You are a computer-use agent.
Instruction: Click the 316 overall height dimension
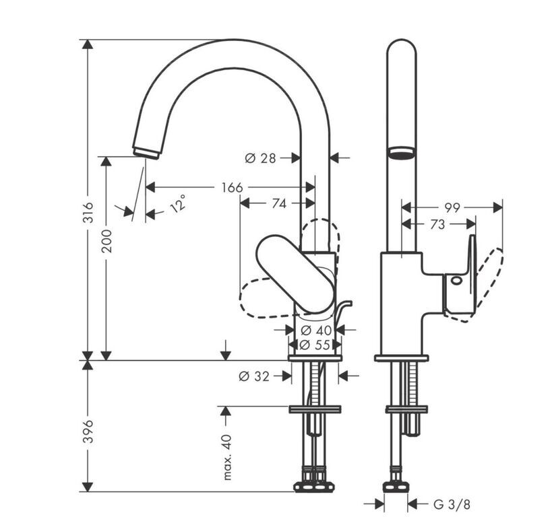coord(88,212)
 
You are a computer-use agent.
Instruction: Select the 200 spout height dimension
coord(106,240)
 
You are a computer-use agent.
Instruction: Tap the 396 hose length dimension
coord(88,432)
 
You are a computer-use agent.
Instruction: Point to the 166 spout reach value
coord(232,187)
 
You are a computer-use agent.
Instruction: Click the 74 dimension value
coord(279,203)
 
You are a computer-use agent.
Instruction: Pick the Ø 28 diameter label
coord(260,158)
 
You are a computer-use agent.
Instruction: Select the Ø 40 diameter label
coord(317,331)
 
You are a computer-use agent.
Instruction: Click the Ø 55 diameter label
coord(315,345)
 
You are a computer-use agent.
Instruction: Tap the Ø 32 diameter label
coord(254,376)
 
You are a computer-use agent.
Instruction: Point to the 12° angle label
coord(178,203)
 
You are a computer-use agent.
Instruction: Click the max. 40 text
coord(227,457)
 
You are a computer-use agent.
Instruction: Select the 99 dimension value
coord(452,208)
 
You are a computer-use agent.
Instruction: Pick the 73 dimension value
coord(437,224)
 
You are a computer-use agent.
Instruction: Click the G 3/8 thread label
coord(452,505)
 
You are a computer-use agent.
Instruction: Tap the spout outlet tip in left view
coord(146,152)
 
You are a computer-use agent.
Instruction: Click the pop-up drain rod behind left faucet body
coord(342,311)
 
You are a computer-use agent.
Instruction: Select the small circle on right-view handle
coord(456,281)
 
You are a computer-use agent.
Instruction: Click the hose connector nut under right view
coord(396,487)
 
